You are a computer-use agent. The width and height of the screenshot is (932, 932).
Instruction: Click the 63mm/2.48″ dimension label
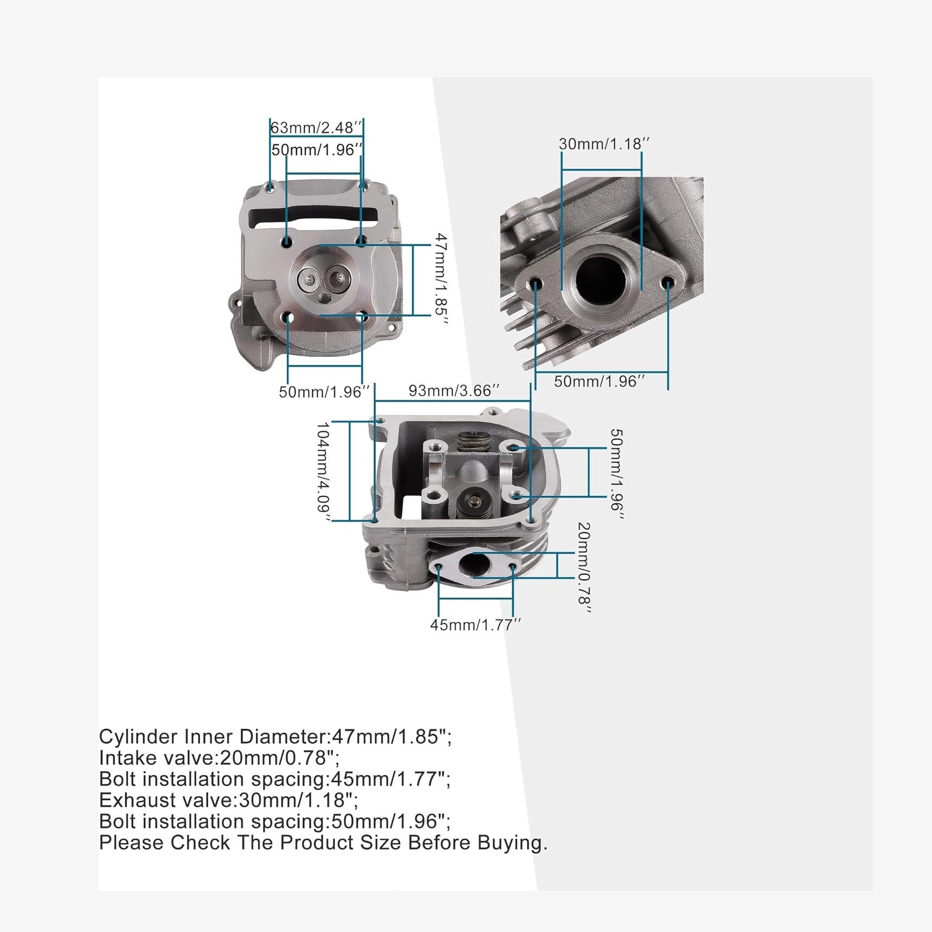pos(316,128)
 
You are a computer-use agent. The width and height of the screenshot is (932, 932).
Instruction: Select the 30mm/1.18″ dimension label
pos(604,144)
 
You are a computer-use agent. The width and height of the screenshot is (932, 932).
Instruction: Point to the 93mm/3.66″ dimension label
pos(454,391)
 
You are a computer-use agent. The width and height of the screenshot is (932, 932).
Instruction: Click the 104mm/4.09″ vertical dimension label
pos(324,472)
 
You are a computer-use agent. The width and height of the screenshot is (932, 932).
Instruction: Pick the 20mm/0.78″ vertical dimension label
pos(584,567)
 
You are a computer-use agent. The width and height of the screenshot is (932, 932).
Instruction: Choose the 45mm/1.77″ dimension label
pos(475,625)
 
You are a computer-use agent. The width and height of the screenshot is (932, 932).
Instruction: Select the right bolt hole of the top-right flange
pos(668,282)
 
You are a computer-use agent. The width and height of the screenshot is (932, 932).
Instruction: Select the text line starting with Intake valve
pos(220,758)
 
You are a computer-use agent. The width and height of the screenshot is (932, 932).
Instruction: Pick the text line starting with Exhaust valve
pos(229,800)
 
